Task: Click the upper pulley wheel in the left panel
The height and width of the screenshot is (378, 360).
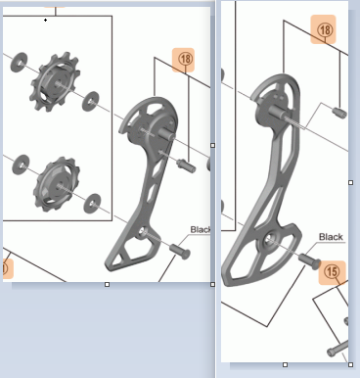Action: [x=55, y=81]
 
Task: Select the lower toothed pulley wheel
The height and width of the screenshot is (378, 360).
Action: [x=57, y=184]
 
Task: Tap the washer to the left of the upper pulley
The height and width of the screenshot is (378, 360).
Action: [x=20, y=62]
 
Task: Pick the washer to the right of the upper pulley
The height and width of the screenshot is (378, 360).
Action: [x=90, y=101]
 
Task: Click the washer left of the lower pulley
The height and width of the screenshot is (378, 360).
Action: [x=21, y=165]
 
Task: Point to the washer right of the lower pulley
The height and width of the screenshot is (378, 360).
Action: [x=92, y=203]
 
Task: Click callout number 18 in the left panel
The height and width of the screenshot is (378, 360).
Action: [x=183, y=60]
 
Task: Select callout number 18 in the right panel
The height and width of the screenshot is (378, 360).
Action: [x=323, y=29]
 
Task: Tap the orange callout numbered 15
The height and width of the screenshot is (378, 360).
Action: [x=333, y=272]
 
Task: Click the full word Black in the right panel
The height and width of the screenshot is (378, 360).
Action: [x=331, y=237]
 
